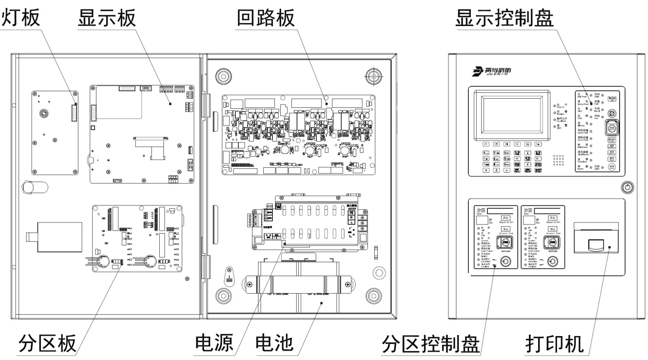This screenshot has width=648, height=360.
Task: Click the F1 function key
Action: (485, 144)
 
